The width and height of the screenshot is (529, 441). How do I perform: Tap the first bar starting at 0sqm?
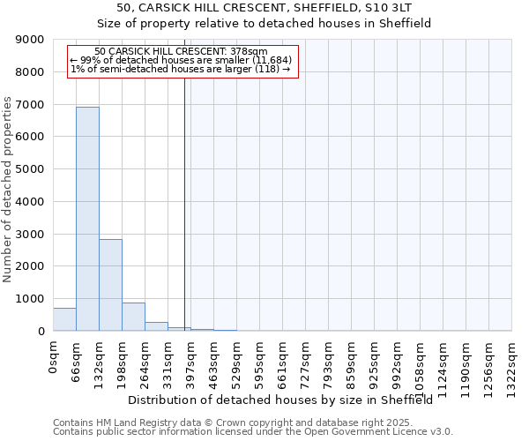pos(64,319)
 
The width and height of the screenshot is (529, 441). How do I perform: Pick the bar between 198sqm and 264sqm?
pos(133,317)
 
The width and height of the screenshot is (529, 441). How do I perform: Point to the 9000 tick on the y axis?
pos(30,40)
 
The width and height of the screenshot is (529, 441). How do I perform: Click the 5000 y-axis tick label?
pos(30,169)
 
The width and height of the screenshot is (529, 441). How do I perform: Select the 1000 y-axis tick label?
pos(30,299)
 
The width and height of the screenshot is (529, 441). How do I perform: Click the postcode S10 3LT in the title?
pos(389,8)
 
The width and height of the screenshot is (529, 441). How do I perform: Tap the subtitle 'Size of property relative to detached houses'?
pos(264,24)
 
